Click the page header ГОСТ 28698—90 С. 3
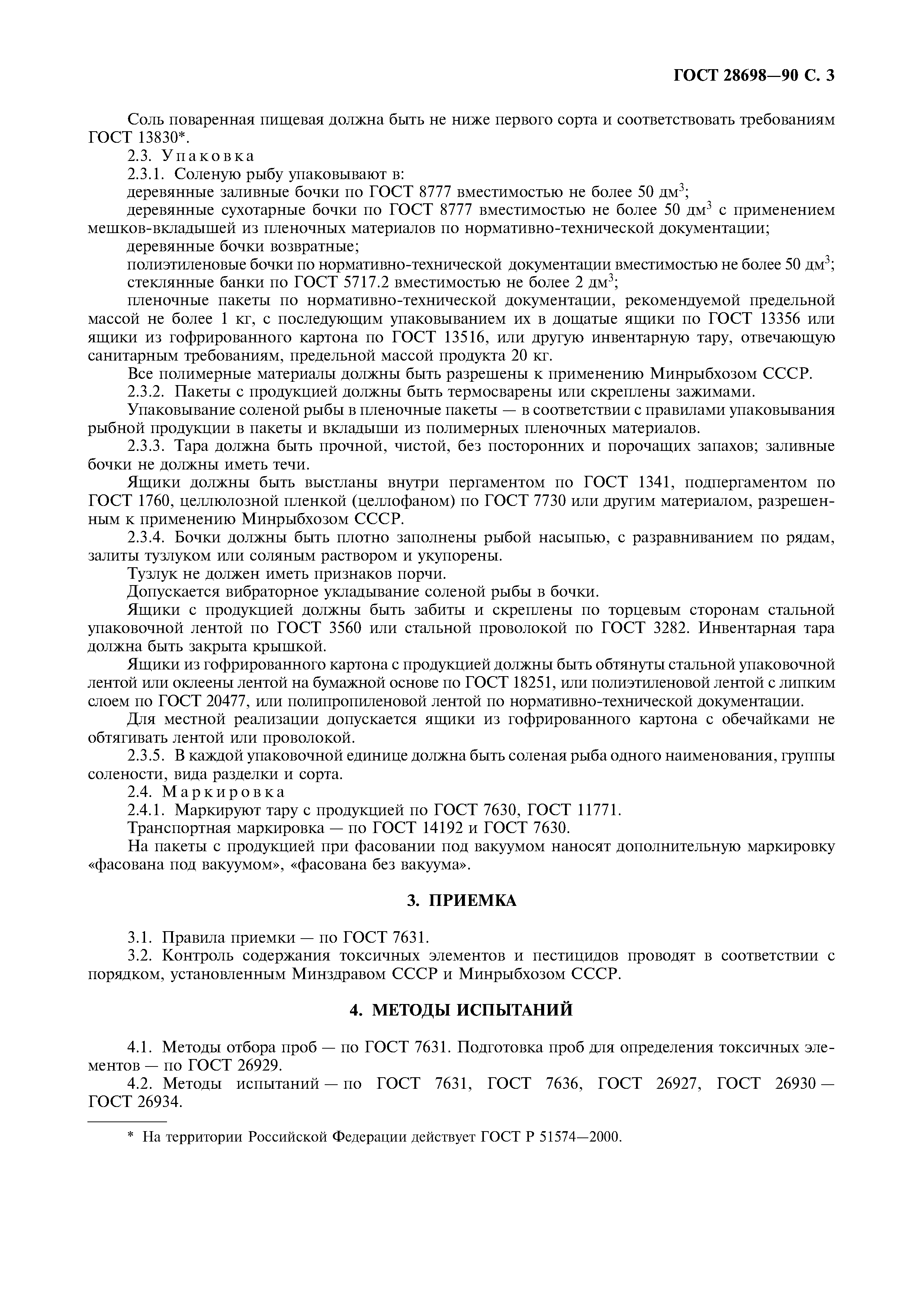(x=753, y=75)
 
